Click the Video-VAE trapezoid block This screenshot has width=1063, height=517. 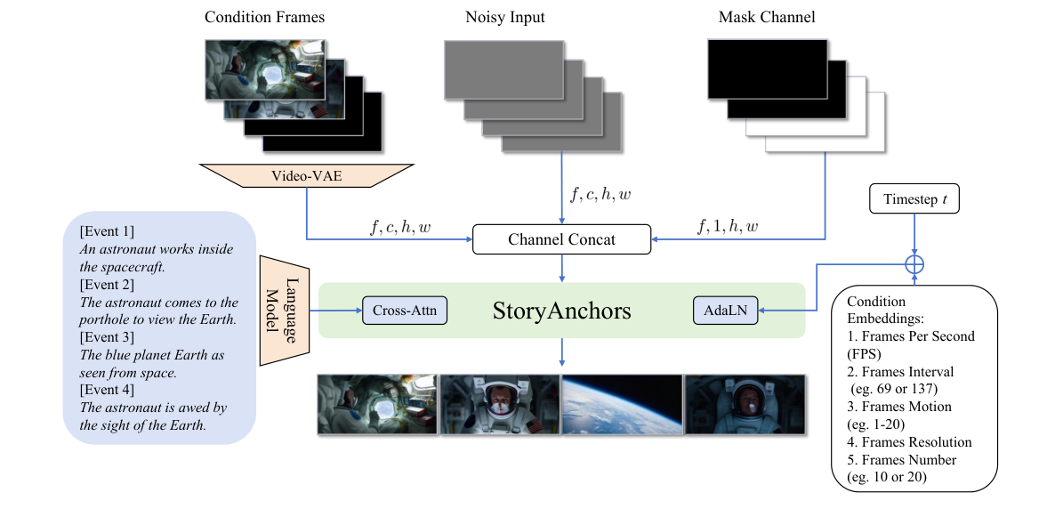coord(307,176)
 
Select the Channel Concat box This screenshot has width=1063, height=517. coord(562,238)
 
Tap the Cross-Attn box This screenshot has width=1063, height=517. coord(404,311)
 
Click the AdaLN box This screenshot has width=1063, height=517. coord(725,311)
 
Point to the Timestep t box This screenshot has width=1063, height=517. coord(914,201)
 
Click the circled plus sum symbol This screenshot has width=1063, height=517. coord(914,264)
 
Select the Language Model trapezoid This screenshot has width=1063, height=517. coord(283,310)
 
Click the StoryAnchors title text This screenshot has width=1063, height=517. coord(561,311)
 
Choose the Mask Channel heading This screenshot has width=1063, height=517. coord(766,17)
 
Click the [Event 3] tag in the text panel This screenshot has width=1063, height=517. coord(107,337)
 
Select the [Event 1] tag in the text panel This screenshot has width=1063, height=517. coord(107,231)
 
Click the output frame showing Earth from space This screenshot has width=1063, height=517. coord(622,403)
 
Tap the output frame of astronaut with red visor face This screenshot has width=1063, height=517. coord(500,403)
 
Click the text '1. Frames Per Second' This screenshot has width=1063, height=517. coord(911,336)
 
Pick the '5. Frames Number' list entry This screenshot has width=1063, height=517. coord(901,460)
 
